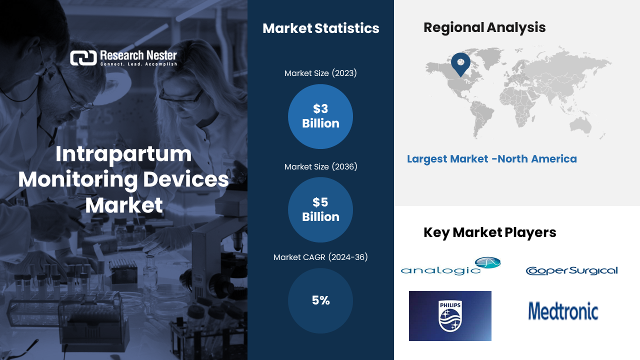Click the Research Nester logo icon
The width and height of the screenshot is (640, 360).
point(83,58)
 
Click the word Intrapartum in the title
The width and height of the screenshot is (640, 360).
point(123,154)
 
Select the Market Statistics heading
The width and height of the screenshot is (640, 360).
point(321,28)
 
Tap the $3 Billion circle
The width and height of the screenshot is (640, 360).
point(320,116)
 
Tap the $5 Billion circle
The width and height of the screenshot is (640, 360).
point(320,209)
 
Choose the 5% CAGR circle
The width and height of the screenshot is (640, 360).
point(320,300)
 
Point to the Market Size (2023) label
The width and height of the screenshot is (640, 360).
point(320,73)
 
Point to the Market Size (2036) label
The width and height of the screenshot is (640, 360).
point(320,166)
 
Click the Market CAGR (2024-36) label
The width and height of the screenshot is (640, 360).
point(320,257)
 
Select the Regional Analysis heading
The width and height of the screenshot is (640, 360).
point(484,27)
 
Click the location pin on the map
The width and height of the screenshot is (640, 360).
point(460,63)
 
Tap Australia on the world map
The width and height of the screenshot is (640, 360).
point(580,125)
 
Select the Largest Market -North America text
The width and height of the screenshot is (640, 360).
point(491,159)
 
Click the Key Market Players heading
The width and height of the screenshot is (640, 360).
point(489,232)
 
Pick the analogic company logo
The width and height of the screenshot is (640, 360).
point(451,266)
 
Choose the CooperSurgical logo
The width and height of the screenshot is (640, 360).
point(571,270)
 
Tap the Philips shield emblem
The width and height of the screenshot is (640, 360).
point(450,316)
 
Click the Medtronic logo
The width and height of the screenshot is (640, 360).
point(563,311)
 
